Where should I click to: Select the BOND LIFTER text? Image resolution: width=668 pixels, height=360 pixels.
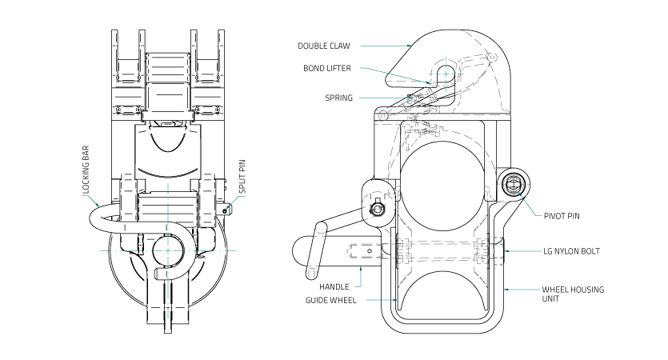point(327,68)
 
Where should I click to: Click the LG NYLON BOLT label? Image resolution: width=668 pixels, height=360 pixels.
point(571,251)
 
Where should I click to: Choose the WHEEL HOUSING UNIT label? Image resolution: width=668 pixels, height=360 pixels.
point(573,294)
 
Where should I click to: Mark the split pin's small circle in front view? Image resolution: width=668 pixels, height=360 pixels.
point(227,210)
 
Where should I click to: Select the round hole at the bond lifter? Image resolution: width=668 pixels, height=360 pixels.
point(445,74)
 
